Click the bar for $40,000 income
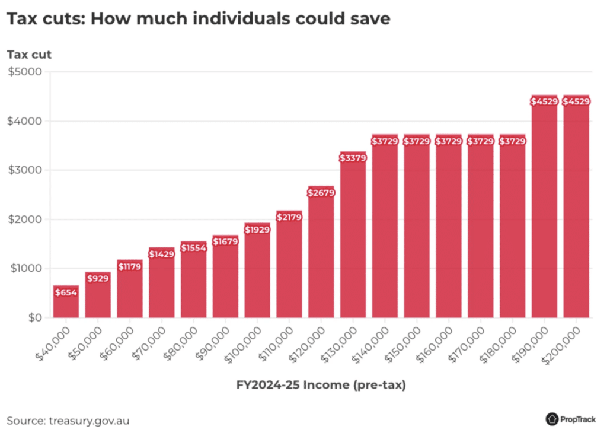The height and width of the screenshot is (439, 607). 66,303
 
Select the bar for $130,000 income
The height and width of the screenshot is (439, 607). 353,237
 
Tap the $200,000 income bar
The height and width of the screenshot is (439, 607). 576,208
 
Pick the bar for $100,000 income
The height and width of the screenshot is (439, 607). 257,273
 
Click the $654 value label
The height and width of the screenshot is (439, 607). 66,292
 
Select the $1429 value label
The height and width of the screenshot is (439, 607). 161,254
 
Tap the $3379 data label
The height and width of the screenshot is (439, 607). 353,158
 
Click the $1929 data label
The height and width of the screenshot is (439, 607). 257,230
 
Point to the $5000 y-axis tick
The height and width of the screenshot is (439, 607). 25,72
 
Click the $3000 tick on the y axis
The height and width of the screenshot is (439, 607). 25,170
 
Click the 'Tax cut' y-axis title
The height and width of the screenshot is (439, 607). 29,55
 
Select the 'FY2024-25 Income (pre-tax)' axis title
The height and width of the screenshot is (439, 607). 321,385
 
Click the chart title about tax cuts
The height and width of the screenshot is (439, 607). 199,18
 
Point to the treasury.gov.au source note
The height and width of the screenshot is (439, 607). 68,421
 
